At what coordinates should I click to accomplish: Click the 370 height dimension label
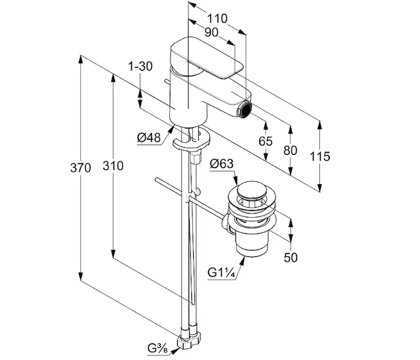(80, 168)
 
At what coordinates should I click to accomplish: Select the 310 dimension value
(113, 166)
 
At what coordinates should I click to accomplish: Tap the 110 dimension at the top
(217, 19)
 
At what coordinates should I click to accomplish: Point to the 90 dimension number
(212, 32)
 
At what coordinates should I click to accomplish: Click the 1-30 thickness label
(140, 66)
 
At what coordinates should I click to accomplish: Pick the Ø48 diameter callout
(149, 137)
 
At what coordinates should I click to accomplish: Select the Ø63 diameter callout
(221, 163)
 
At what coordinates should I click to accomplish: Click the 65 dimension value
(265, 141)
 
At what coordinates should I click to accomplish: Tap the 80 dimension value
(290, 151)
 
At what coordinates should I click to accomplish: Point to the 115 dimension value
(320, 157)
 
